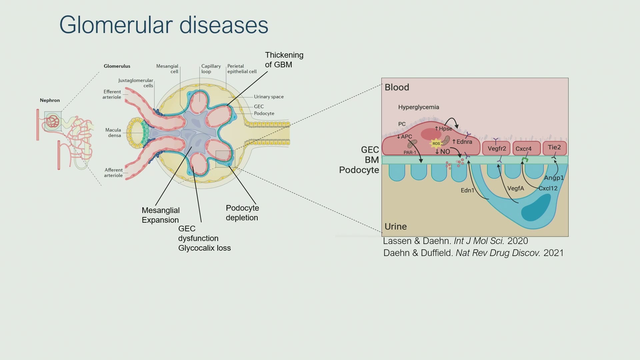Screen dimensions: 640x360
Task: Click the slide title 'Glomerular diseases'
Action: [164, 25]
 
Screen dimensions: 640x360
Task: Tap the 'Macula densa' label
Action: [113, 133]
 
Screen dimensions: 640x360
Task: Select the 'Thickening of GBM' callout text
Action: [284, 60]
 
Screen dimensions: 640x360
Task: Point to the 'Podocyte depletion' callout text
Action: [242, 213]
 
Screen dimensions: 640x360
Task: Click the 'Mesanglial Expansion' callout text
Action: [160, 215]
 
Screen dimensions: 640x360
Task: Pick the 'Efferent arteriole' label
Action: [112, 94]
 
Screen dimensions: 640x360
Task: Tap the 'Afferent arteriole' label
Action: [113, 173]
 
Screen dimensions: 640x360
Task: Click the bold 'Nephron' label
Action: [50, 100]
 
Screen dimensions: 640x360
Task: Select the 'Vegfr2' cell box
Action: [497, 148]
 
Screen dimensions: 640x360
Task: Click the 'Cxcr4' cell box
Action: [526, 149]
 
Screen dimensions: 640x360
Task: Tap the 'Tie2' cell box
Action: [555, 148]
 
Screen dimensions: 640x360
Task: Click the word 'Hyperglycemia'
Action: [419, 107]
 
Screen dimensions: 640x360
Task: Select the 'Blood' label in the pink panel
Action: [397, 87]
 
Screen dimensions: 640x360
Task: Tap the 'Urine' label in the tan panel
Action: [396, 227]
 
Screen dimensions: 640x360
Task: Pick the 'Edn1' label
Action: [467, 190]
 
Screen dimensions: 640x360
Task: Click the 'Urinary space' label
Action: [269, 97]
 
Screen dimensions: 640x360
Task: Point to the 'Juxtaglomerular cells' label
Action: [136, 83]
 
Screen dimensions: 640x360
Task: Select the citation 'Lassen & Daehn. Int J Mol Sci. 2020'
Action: [455, 241]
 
